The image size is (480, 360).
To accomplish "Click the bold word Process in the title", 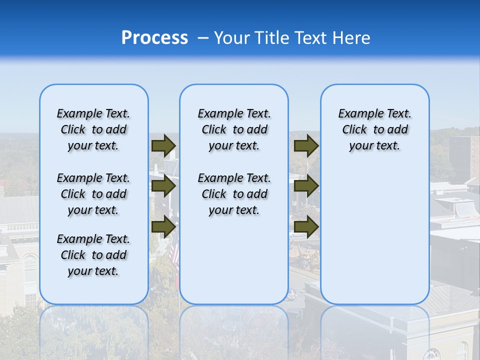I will pyautogui.click(x=154, y=38).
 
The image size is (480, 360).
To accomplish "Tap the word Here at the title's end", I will pyautogui.click(x=351, y=38).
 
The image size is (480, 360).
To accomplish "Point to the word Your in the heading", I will pyautogui.click(x=231, y=38).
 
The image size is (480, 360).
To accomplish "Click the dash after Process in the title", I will pyautogui.click(x=202, y=38).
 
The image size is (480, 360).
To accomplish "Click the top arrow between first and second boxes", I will pyautogui.click(x=163, y=145).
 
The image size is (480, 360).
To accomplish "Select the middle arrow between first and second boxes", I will pyautogui.click(x=163, y=186).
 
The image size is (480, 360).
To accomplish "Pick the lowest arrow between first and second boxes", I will pyautogui.click(x=163, y=226).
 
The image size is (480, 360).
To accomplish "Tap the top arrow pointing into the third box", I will pyautogui.click(x=306, y=145).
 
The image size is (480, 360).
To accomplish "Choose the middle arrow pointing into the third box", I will pyautogui.click(x=306, y=186).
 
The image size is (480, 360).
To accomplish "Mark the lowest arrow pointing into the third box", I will pyautogui.click(x=306, y=226).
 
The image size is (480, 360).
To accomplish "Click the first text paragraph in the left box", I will pyautogui.click(x=93, y=129).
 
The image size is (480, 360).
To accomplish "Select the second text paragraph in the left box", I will pyautogui.click(x=93, y=194).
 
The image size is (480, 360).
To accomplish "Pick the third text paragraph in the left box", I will pyautogui.click(x=93, y=255).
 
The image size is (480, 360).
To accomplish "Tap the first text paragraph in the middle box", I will pyautogui.click(x=234, y=129).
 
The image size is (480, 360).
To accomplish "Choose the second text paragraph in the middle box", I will pyautogui.click(x=234, y=194).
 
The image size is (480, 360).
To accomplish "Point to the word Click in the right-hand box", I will pyautogui.click(x=354, y=129).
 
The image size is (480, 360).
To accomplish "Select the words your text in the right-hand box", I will pyautogui.click(x=374, y=145).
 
